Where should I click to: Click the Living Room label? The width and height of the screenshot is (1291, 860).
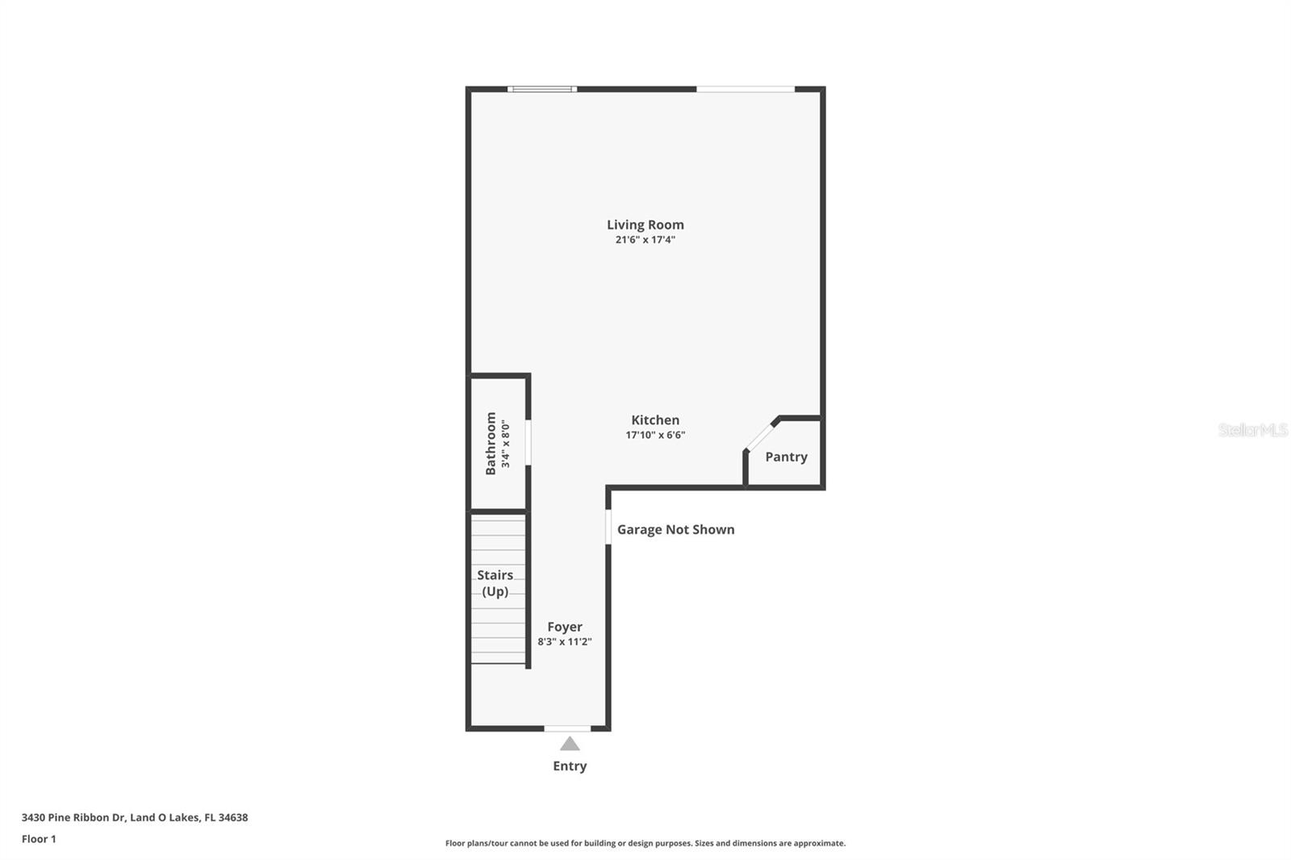point(645,225)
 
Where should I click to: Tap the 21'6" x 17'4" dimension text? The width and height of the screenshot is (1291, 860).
point(645,240)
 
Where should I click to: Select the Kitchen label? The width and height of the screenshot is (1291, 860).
point(654,420)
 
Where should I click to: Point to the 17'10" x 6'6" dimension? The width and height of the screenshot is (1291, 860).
point(654,435)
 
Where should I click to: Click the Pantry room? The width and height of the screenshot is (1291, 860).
point(786,457)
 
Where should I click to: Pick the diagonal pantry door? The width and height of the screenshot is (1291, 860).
point(761,435)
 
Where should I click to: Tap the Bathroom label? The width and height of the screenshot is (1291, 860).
point(491,444)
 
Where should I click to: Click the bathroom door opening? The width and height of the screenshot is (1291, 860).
point(529,442)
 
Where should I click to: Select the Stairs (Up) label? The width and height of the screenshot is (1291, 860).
point(495,582)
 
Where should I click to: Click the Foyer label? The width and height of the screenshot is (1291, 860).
point(564,627)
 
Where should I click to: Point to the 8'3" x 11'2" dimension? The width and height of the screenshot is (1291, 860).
point(564,641)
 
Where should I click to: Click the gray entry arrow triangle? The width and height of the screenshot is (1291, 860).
point(570,744)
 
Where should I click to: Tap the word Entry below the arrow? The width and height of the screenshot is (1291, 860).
point(570,766)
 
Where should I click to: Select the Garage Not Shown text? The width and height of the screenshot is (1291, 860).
point(675,530)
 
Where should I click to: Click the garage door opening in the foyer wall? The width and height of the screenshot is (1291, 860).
point(608,527)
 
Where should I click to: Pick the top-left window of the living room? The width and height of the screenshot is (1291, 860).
point(542,89)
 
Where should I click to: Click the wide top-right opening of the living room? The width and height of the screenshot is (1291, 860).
point(746,89)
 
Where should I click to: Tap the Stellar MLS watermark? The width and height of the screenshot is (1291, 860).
point(1252,430)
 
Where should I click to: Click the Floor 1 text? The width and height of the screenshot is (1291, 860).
point(39,839)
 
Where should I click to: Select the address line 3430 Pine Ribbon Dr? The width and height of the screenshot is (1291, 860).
point(135,817)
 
